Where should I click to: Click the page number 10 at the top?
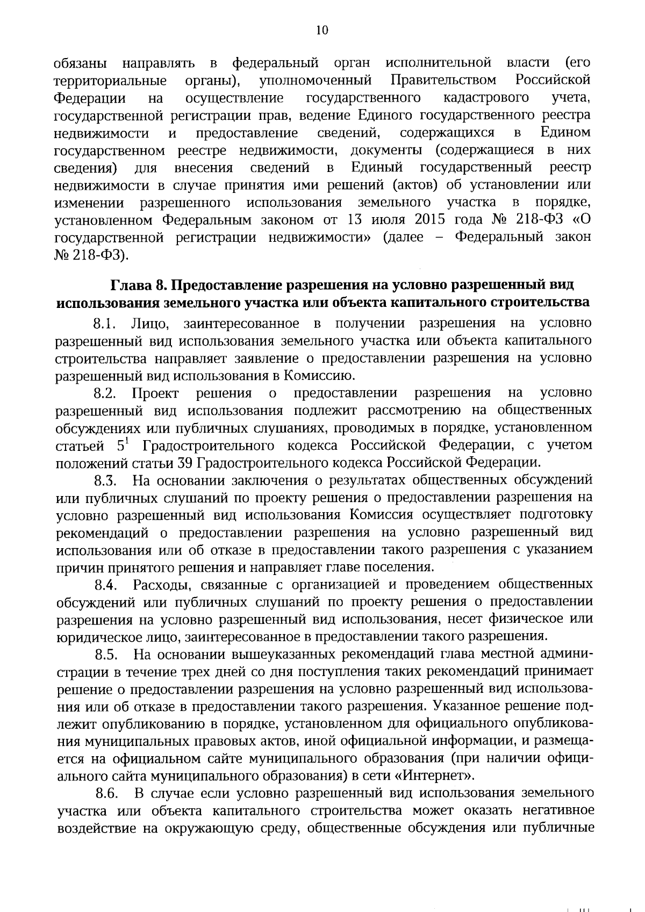click(322, 31)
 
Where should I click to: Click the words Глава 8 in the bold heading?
click(137, 285)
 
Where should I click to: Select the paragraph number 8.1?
click(104, 324)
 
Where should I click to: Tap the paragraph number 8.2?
click(105, 393)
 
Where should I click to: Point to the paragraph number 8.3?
click(105, 480)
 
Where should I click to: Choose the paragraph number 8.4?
click(105, 585)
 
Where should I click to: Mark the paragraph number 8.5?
click(106, 655)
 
